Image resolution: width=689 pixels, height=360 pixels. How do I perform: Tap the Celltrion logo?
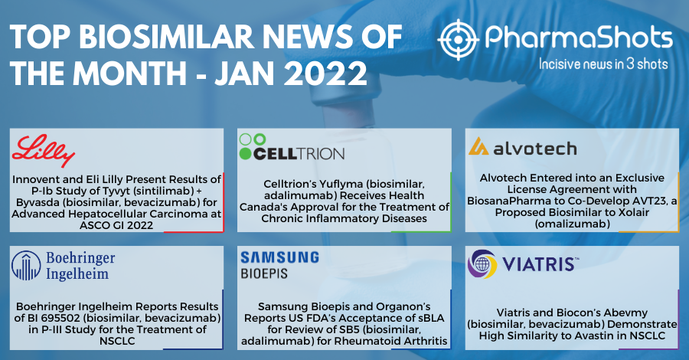pos(291,147)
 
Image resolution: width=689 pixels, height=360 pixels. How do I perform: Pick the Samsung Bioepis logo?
pos(279,263)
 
